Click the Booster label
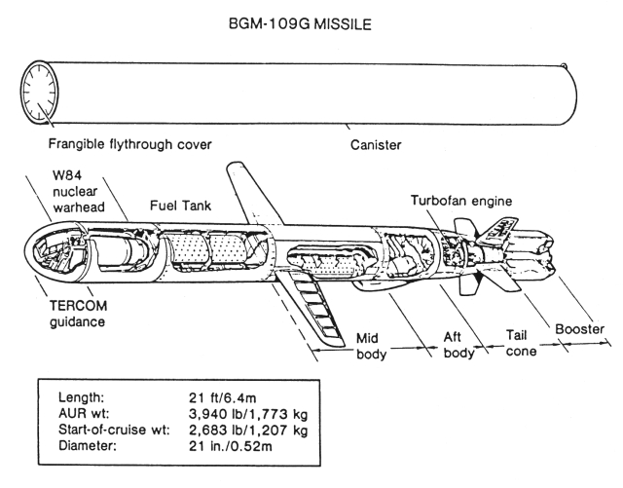[579, 328]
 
